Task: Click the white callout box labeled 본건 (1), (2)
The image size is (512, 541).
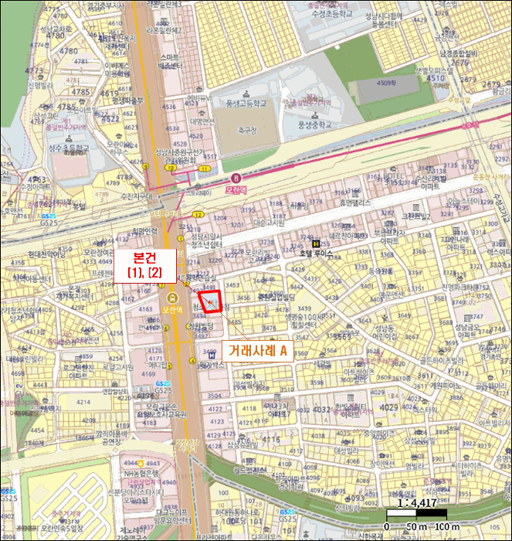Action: click(x=145, y=264)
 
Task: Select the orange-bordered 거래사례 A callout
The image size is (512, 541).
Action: click(x=258, y=351)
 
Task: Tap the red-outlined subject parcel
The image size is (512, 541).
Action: click(x=210, y=301)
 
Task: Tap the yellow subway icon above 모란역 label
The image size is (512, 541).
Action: click(x=172, y=297)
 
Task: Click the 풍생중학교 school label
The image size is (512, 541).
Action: click(x=313, y=123)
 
